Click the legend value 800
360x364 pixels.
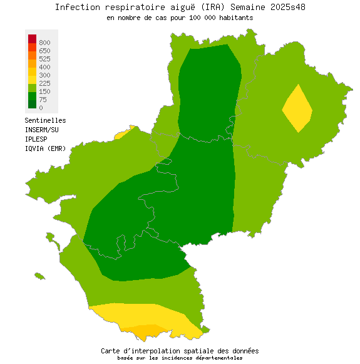pos(44,43)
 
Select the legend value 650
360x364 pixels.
pos(44,51)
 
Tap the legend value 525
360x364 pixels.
pos(44,59)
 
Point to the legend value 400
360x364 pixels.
pos(44,67)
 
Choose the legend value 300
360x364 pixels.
pos(44,75)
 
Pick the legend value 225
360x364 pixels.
pos(44,83)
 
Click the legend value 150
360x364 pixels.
pos(44,91)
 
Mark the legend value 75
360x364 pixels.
pos(43,100)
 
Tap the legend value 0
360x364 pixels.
pos(41,108)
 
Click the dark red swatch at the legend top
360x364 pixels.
pos(32,39)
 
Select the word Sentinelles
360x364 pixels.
pos(45,120)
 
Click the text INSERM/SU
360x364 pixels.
pos(41,130)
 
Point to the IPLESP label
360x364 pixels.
pos(37,139)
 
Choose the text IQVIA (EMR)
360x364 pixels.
pos(45,148)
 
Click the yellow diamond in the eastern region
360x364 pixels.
pos(297,108)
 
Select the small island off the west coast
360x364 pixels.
pos(39,275)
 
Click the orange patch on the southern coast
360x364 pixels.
pos(147,331)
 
